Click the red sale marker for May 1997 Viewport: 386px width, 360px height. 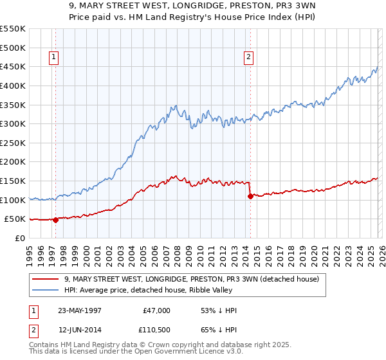point(55,220)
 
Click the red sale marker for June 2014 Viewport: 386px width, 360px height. point(250,196)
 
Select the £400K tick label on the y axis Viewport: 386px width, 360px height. point(13,85)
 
